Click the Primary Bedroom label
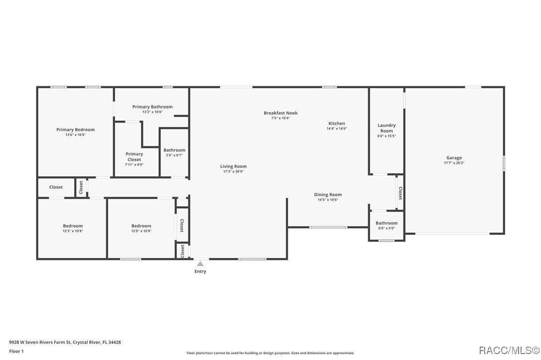click(75, 129)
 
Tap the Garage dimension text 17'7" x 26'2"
click(454, 163)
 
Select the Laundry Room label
click(387, 128)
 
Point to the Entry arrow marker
click(200, 264)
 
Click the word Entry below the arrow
click(200, 271)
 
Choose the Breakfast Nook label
click(280, 113)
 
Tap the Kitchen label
click(336, 123)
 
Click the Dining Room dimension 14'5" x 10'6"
click(328, 200)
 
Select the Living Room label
click(233, 166)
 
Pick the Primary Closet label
click(134, 156)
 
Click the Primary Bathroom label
click(152, 107)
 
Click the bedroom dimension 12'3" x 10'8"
click(73, 231)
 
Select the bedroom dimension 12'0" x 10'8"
click(141, 231)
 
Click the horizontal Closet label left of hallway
click(56, 187)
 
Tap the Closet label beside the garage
click(400, 193)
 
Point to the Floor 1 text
click(16, 351)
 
